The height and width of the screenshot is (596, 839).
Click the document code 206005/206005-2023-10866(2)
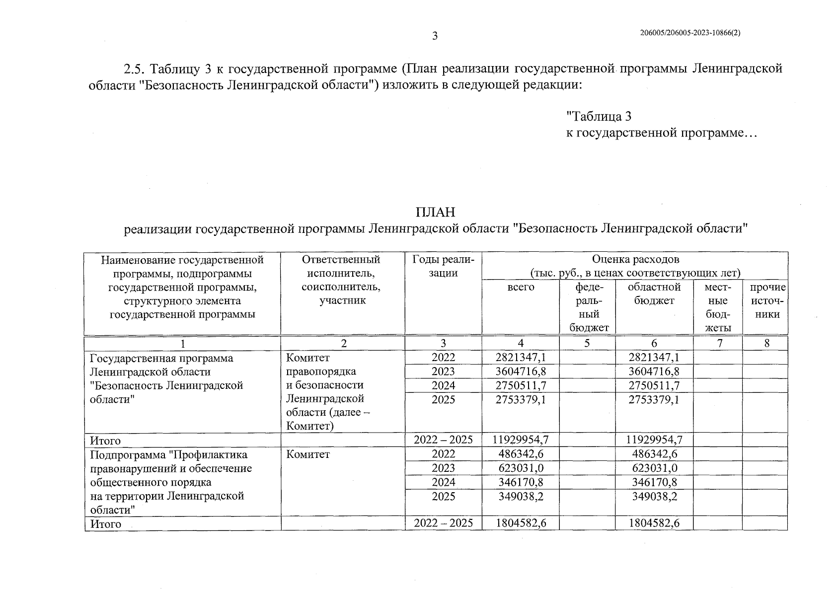pyautogui.click(x=691, y=33)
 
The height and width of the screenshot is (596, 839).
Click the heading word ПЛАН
pyautogui.click(x=435, y=213)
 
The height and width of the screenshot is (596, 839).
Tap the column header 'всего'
pyautogui.click(x=521, y=287)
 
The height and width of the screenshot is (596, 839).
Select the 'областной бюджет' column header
pyautogui.click(x=654, y=294)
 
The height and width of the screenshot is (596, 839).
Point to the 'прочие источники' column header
pyautogui.click(x=767, y=300)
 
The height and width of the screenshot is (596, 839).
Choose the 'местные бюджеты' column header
pyautogui.click(x=718, y=307)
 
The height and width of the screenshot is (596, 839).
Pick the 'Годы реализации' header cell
pyautogui.click(x=443, y=266)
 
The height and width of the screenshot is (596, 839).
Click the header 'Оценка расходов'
pyautogui.click(x=635, y=259)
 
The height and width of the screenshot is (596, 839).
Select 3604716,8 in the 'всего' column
pyautogui.click(x=521, y=372)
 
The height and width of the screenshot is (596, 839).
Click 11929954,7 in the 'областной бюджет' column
pyautogui.click(x=654, y=440)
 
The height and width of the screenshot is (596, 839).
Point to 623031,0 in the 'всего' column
pyautogui.click(x=521, y=468)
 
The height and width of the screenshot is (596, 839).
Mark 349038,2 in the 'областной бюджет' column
pyautogui.click(x=654, y=496)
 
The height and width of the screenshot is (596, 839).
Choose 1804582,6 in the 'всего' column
pyautogui.click(x=521, y=523)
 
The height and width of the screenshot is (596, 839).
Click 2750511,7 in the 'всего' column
pyautogui.click(x=521, y=385)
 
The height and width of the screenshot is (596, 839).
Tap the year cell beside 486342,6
pyautogui.click(x=443, y=454)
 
